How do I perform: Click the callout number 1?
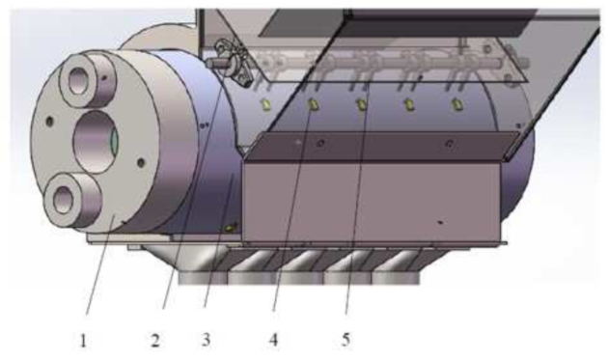(83, 341)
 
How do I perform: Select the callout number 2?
(155, 341)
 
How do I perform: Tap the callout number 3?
(206, 340)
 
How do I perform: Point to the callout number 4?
(274, 340)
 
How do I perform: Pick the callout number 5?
(345, 340)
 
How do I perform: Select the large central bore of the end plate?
(95, 141)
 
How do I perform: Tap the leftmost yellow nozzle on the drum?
(266, 104)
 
